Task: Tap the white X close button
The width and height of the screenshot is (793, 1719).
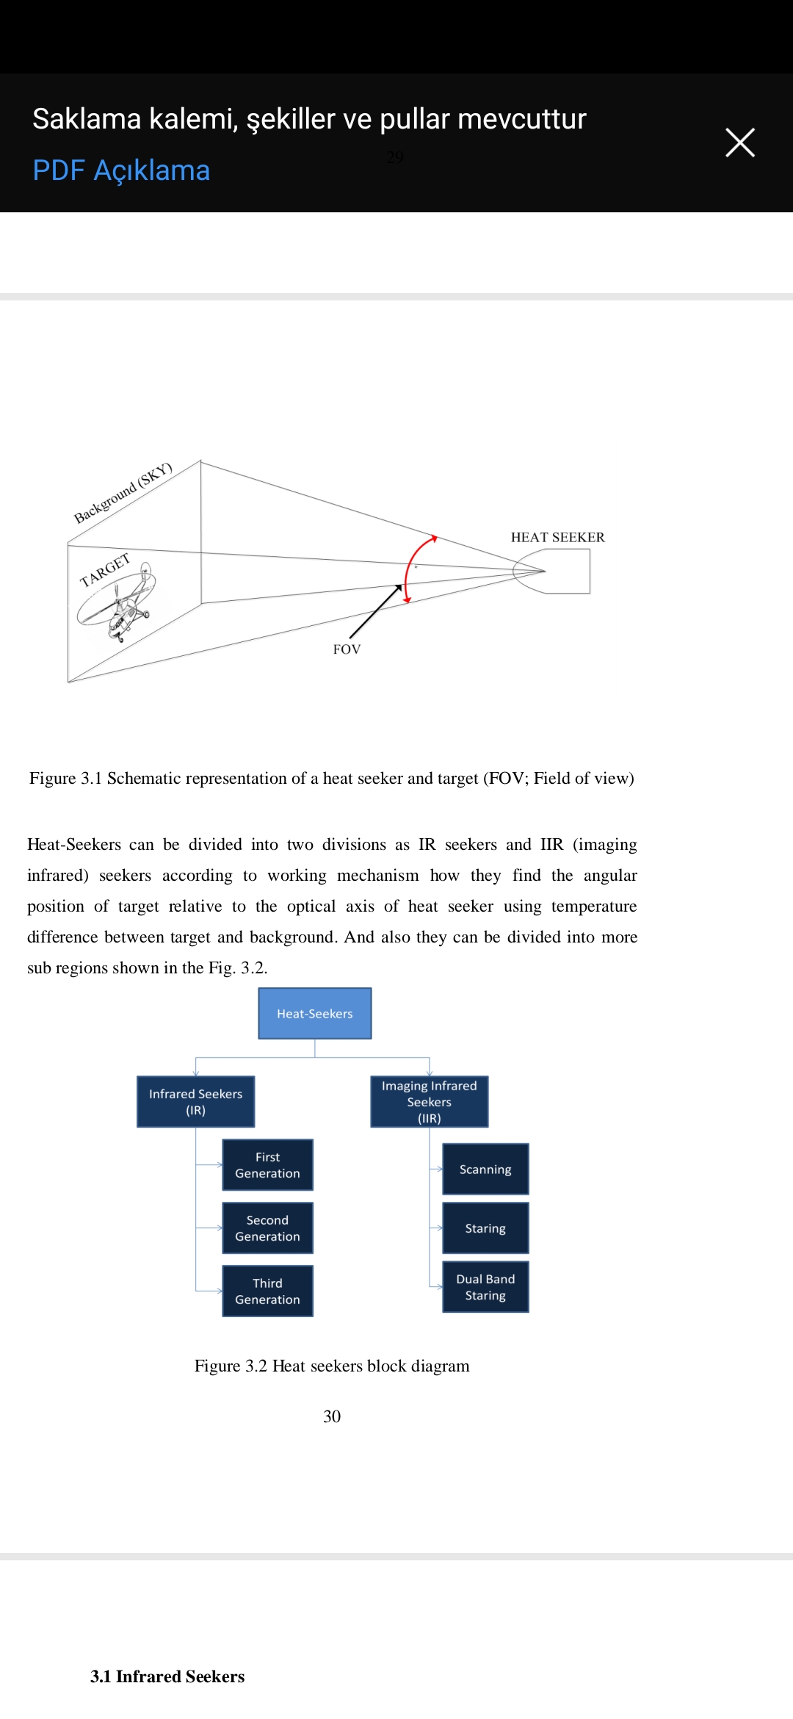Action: tap(739, 143)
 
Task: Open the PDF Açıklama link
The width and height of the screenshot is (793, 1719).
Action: tap(121, 170)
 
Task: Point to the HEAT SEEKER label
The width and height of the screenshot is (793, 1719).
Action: tap(557, 537)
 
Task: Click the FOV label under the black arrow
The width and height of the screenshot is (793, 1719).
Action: tap(347, 649)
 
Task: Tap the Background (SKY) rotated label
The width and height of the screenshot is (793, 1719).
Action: tap(123, 493)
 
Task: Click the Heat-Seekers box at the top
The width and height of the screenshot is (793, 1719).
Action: tap(314, 1014)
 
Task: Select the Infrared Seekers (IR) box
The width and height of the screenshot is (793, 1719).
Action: tap(195, 1102)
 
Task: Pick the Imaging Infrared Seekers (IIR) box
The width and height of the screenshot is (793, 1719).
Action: tap(429, 1102)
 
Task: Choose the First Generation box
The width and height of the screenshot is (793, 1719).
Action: tap(267, 1165)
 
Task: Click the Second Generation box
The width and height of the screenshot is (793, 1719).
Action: tap(267, 1228)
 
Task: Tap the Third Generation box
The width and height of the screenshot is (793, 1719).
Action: tap(267, 1291)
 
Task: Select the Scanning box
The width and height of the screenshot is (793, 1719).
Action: tap(485, 1170)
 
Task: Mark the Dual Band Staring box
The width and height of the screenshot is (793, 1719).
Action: tap(485, 1287)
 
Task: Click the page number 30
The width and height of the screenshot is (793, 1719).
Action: tap(332, 1416)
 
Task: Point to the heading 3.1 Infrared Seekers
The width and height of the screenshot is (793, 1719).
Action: tap(167, 1676)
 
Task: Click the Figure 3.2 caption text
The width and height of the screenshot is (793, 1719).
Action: tap(332, 1366)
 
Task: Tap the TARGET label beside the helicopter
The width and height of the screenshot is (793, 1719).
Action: tap(105, 570)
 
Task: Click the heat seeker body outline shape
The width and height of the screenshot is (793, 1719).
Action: tap(565, 572)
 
